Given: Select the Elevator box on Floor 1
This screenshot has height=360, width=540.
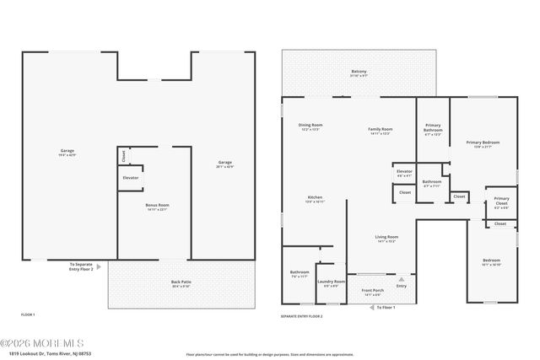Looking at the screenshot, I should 130,178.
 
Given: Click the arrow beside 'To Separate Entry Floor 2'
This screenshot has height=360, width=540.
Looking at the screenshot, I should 100,266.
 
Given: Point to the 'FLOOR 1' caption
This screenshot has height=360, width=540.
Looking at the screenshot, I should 29,314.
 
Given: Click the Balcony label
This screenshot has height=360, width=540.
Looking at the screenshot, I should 359,73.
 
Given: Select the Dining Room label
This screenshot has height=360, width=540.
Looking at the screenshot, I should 311,127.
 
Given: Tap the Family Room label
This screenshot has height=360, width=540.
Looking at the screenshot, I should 379,131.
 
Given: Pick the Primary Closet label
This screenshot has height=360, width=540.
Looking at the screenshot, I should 501,202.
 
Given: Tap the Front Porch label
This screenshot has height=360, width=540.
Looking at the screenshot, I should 372,293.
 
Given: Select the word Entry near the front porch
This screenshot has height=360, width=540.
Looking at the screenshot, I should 401,286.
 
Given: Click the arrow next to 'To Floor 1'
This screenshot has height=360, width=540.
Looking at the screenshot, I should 372,307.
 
